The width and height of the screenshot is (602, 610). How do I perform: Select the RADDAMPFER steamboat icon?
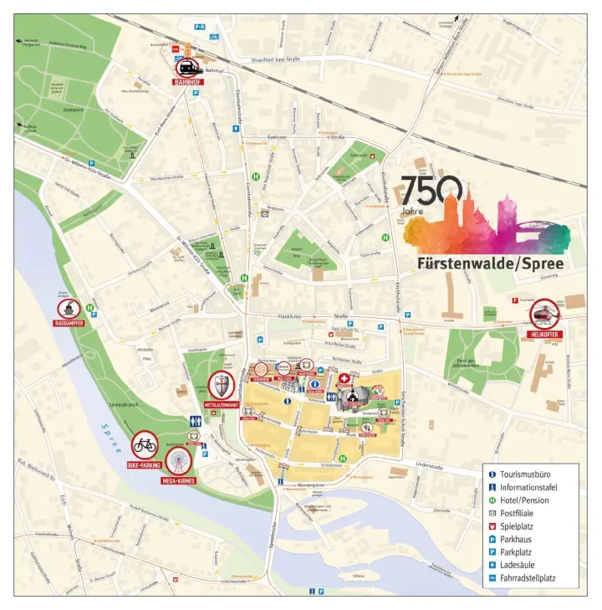point(69,309)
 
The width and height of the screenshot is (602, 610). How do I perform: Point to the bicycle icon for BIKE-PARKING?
point(145,445)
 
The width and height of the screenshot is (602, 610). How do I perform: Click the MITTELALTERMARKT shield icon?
point(222,387)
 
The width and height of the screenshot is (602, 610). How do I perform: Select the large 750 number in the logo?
point(431,192)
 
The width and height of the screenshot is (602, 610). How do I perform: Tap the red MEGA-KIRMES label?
point(179,482)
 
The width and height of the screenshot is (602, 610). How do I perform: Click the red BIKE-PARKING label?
point(145,464)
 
